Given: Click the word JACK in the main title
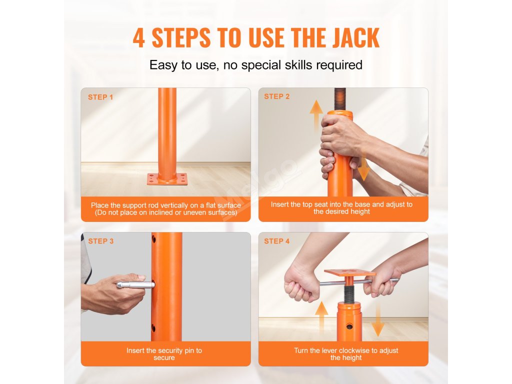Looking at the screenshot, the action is [x=356, y=38].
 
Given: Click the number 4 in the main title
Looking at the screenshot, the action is [x=139, y=38].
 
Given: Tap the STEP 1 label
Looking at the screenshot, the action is [x=100, y=97].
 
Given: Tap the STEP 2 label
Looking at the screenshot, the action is [x=277, y=96].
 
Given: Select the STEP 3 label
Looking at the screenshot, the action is [x=101, y=241].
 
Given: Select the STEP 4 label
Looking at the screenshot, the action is [x=277, y=241].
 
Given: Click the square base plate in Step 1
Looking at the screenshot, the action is [x=167, y=179].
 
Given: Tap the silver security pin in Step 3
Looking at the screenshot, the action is [x=135, y=284].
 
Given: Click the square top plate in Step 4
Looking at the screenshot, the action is [x=350, y=272].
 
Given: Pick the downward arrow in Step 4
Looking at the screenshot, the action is [x=378, y=319].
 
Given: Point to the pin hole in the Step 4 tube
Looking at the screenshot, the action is [x=349, y=326].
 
